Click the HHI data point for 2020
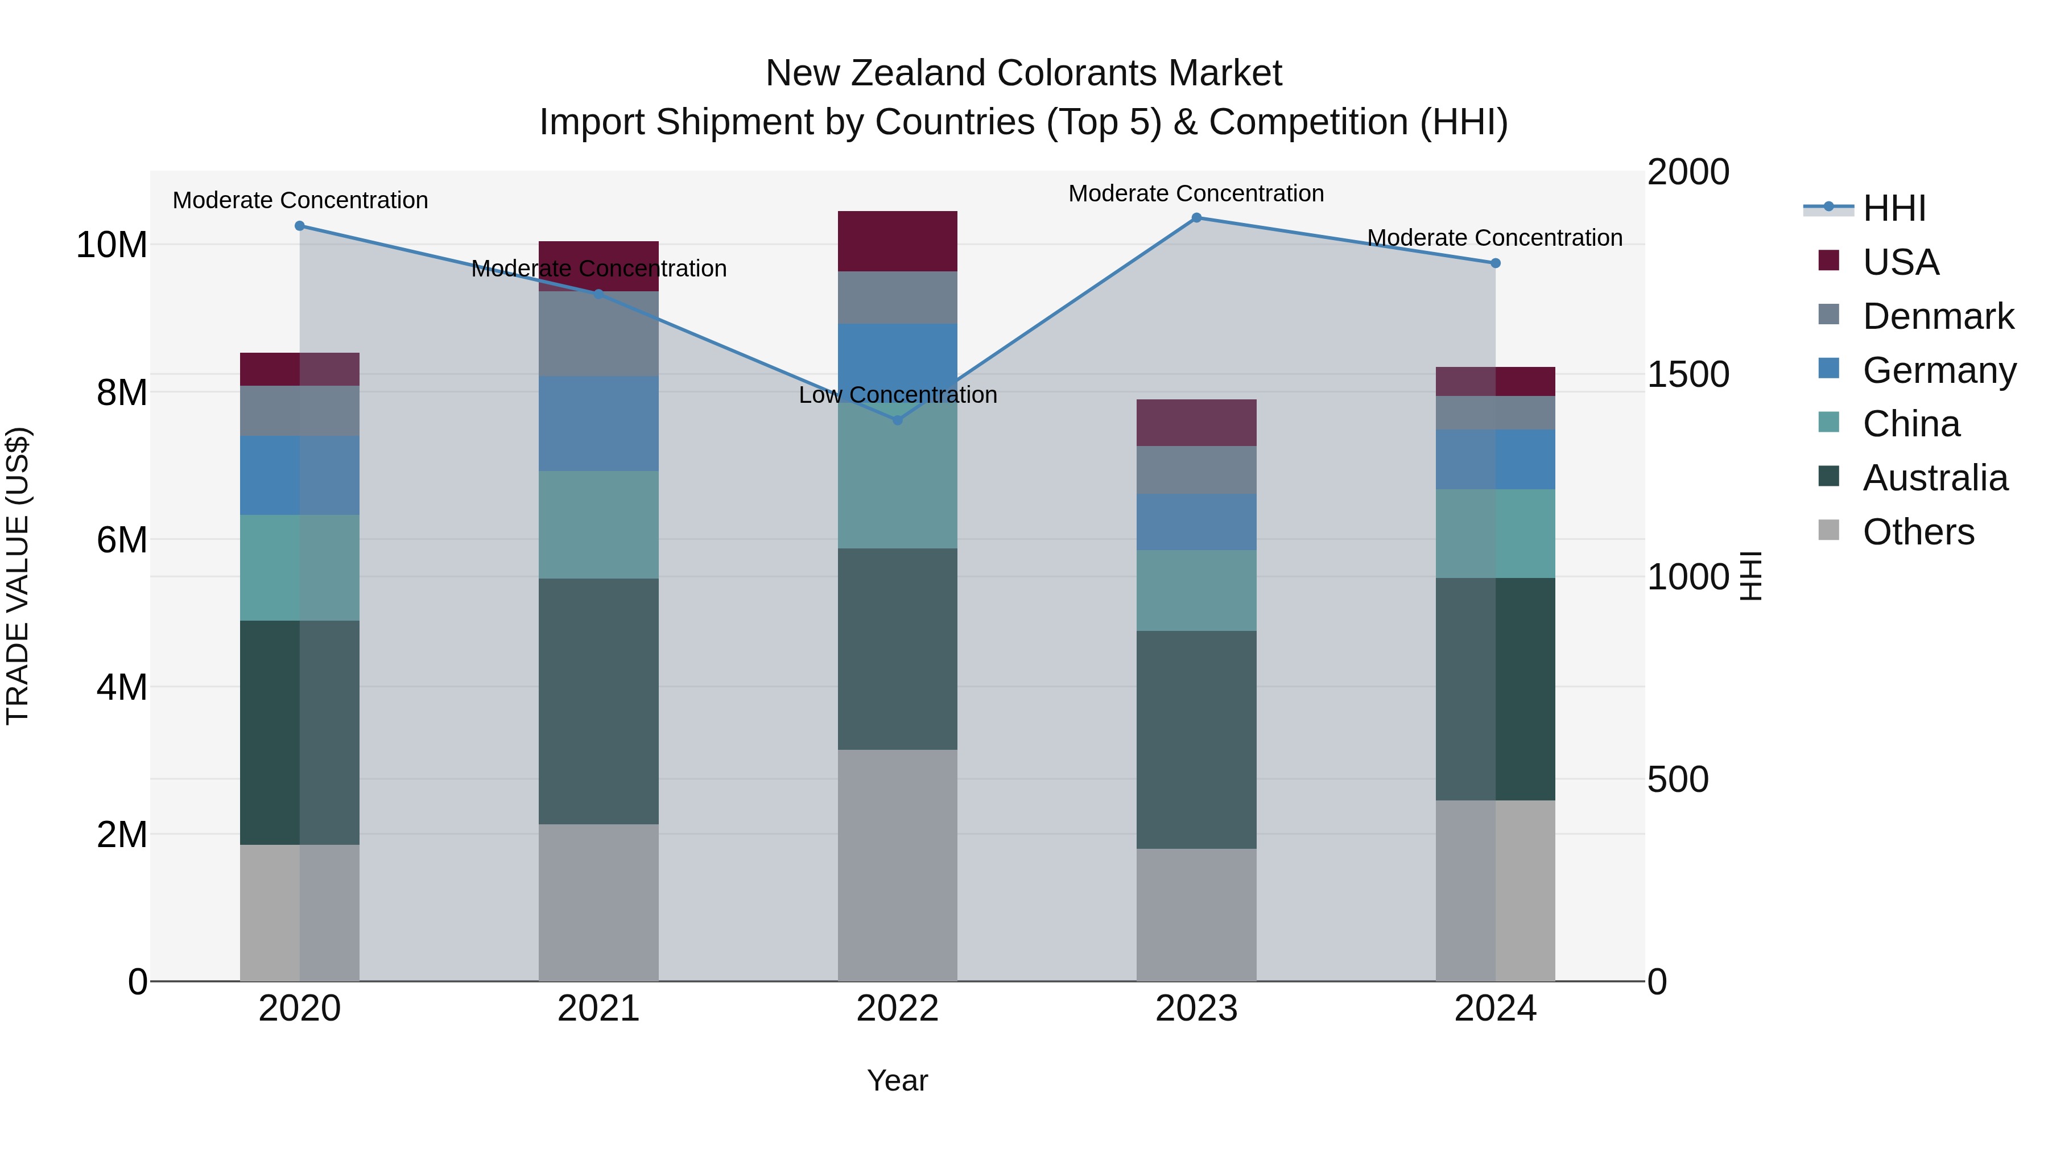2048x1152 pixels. point(300,226)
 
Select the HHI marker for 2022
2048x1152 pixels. point(898,420)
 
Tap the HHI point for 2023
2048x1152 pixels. point(1196,218)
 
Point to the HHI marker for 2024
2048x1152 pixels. point(1496,263)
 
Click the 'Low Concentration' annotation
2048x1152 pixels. point(898,395)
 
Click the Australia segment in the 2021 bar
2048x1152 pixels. point(598,701)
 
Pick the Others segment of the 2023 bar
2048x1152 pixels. point(1196,914)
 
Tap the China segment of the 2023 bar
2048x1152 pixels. point(1196,591)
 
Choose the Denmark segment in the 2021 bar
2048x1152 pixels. point(598,334)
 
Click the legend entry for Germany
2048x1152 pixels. point(1938,370)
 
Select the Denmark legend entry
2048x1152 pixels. point(1938,316)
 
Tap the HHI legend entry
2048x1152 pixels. point(1894,208)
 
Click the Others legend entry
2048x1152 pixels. point(1918,532)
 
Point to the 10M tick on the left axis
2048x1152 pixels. point(112,245)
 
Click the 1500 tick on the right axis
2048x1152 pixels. point(1688,374)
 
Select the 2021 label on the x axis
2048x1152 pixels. point(598,1009)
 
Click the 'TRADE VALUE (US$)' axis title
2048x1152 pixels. point(18,576)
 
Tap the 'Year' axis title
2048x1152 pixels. point(898,1080)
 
